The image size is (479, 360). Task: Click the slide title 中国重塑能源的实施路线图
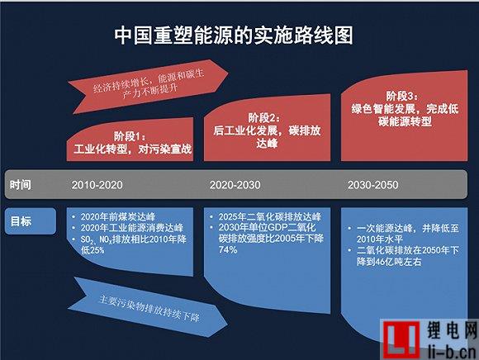[x=234, y=36]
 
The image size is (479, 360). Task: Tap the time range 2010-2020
[x=97, y=185]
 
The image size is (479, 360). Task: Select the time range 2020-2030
[x=235, y=185]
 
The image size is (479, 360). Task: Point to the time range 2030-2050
[x=372, y=185]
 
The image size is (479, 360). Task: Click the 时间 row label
[x=20, y=185]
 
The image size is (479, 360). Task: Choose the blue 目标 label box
[x=31, y=221]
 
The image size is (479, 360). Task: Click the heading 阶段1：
[x=130, y=136]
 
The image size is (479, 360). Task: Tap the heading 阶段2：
[x=263, y=117]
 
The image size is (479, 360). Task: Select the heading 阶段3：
[x=401, y=96]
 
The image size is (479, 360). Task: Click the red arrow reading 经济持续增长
[x=148, y=87]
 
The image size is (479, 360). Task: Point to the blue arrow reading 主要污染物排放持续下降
[x=148, y=307]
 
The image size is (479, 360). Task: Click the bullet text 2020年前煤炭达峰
[x=118, y=216]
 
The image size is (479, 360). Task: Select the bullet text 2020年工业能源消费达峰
[x=132, y=228]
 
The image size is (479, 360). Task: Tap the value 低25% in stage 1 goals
[x=92, y=250]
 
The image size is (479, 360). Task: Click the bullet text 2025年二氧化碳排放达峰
[x=269, y=216]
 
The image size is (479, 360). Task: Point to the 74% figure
[x=228, y=250]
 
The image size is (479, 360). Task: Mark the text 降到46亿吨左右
[x=389, y=262]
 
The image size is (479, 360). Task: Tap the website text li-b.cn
[x=453, y=351]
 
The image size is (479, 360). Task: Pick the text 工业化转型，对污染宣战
[x=133, y=149]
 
